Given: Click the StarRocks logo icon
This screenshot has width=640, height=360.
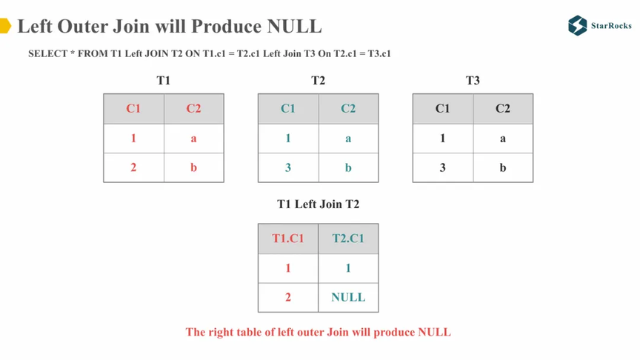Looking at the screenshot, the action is [x=578, y=25].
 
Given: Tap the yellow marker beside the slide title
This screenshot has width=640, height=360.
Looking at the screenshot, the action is [x=5, y=26].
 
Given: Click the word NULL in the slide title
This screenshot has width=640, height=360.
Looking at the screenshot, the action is [x=294, y=26].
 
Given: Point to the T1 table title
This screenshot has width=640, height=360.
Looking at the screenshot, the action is [x=163, y=80].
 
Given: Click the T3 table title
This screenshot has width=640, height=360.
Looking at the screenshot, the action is [x=473, y=80].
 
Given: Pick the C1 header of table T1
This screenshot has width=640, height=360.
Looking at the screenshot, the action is [x=133, y=109].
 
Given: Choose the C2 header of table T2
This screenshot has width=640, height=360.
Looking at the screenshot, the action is [x=348, y=109].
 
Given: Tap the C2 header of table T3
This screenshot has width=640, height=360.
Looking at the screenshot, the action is [x=503, y=109].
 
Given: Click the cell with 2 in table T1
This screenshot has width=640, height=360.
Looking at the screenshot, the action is [x=133, y=167].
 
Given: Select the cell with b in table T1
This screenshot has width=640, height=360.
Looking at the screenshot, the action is [x=193, y=167].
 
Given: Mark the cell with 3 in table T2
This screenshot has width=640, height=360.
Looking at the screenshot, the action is [x=288, y=167].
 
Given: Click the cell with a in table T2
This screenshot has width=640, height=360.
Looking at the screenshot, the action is [x=348, y=139].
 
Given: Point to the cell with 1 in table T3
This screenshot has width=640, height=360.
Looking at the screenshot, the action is [x=443, y=139].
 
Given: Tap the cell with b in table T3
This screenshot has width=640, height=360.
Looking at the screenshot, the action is [x=503, y=167].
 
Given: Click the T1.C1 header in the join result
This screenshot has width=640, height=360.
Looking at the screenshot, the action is [x=288, y=239].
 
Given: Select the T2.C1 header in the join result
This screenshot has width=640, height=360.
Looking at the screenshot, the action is [x=348, y=239].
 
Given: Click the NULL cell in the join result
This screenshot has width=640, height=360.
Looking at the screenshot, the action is [x=348, y=297].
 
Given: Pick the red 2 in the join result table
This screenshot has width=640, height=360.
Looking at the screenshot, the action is [x=288, y=297].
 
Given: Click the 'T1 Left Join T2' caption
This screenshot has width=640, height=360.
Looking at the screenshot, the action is [x=318, y=204].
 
